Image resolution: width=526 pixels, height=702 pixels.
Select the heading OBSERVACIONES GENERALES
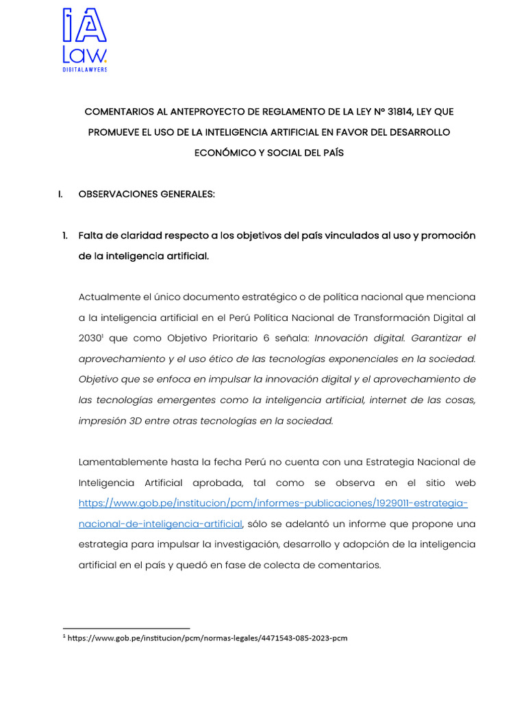coord(147,194)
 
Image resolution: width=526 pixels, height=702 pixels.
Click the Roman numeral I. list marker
coord(61,194)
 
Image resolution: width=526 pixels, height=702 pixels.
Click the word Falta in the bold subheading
coord(92,235)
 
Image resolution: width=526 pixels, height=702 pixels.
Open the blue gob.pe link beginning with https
coord(273,503)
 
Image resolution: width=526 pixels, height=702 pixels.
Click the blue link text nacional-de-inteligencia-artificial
coord(160,524)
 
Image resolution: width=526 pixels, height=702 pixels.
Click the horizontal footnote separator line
coord(126,627)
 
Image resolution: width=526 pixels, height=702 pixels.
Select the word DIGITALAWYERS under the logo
coord(85,69)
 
